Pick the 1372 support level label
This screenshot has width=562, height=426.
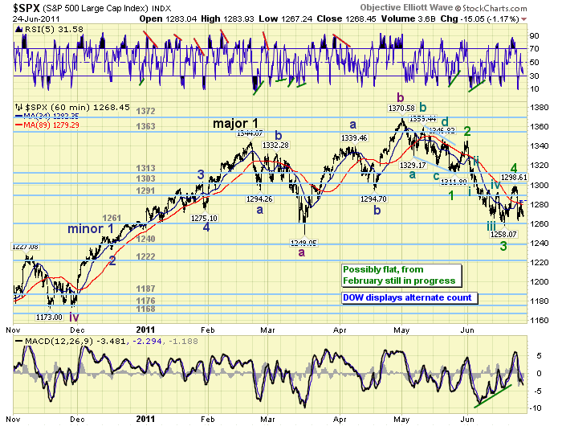pos(145,111)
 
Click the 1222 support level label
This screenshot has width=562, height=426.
pos(145,256)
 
